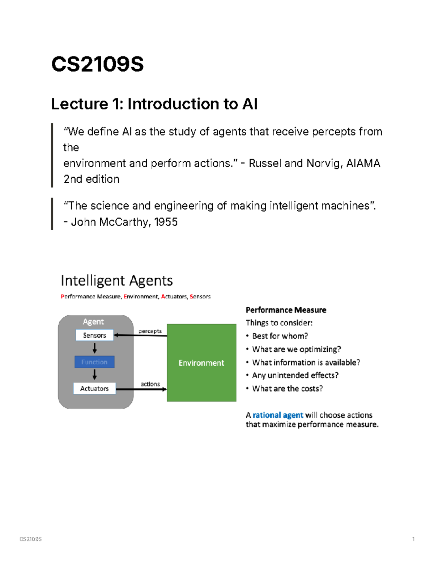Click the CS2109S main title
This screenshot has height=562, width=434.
click(x=97, y=64)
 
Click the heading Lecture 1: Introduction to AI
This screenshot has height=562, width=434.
click(x=154, y=104)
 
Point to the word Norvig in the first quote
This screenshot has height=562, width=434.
click(x=323, y=164)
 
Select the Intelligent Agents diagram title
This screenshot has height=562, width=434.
click(x=116, y=281)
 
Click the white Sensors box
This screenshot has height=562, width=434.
click(x=94, y=335)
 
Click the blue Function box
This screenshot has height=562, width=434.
click(x=94, y=362)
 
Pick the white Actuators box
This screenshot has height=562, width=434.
click(x=94, y=388)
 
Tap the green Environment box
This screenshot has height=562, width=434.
click(x=201, y=363)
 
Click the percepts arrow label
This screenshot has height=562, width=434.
click(x=150, y=331)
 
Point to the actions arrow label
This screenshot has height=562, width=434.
click(x=150, y=384)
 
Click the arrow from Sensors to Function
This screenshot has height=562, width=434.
click(x=94, y=348)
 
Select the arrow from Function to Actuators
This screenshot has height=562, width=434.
click(x=94, y=375)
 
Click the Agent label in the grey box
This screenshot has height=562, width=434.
click(x=93, y=322)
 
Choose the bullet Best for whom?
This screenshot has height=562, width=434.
click(x=280, y=336)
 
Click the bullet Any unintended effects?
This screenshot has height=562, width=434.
click(x=295, y=375)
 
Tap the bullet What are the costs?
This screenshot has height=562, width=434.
click(x=287, y=389)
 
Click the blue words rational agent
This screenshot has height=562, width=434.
click(x=278, y=415)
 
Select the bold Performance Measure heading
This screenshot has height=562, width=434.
click(x=286, y=310)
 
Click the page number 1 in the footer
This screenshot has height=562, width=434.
click(x=413, y=539)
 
